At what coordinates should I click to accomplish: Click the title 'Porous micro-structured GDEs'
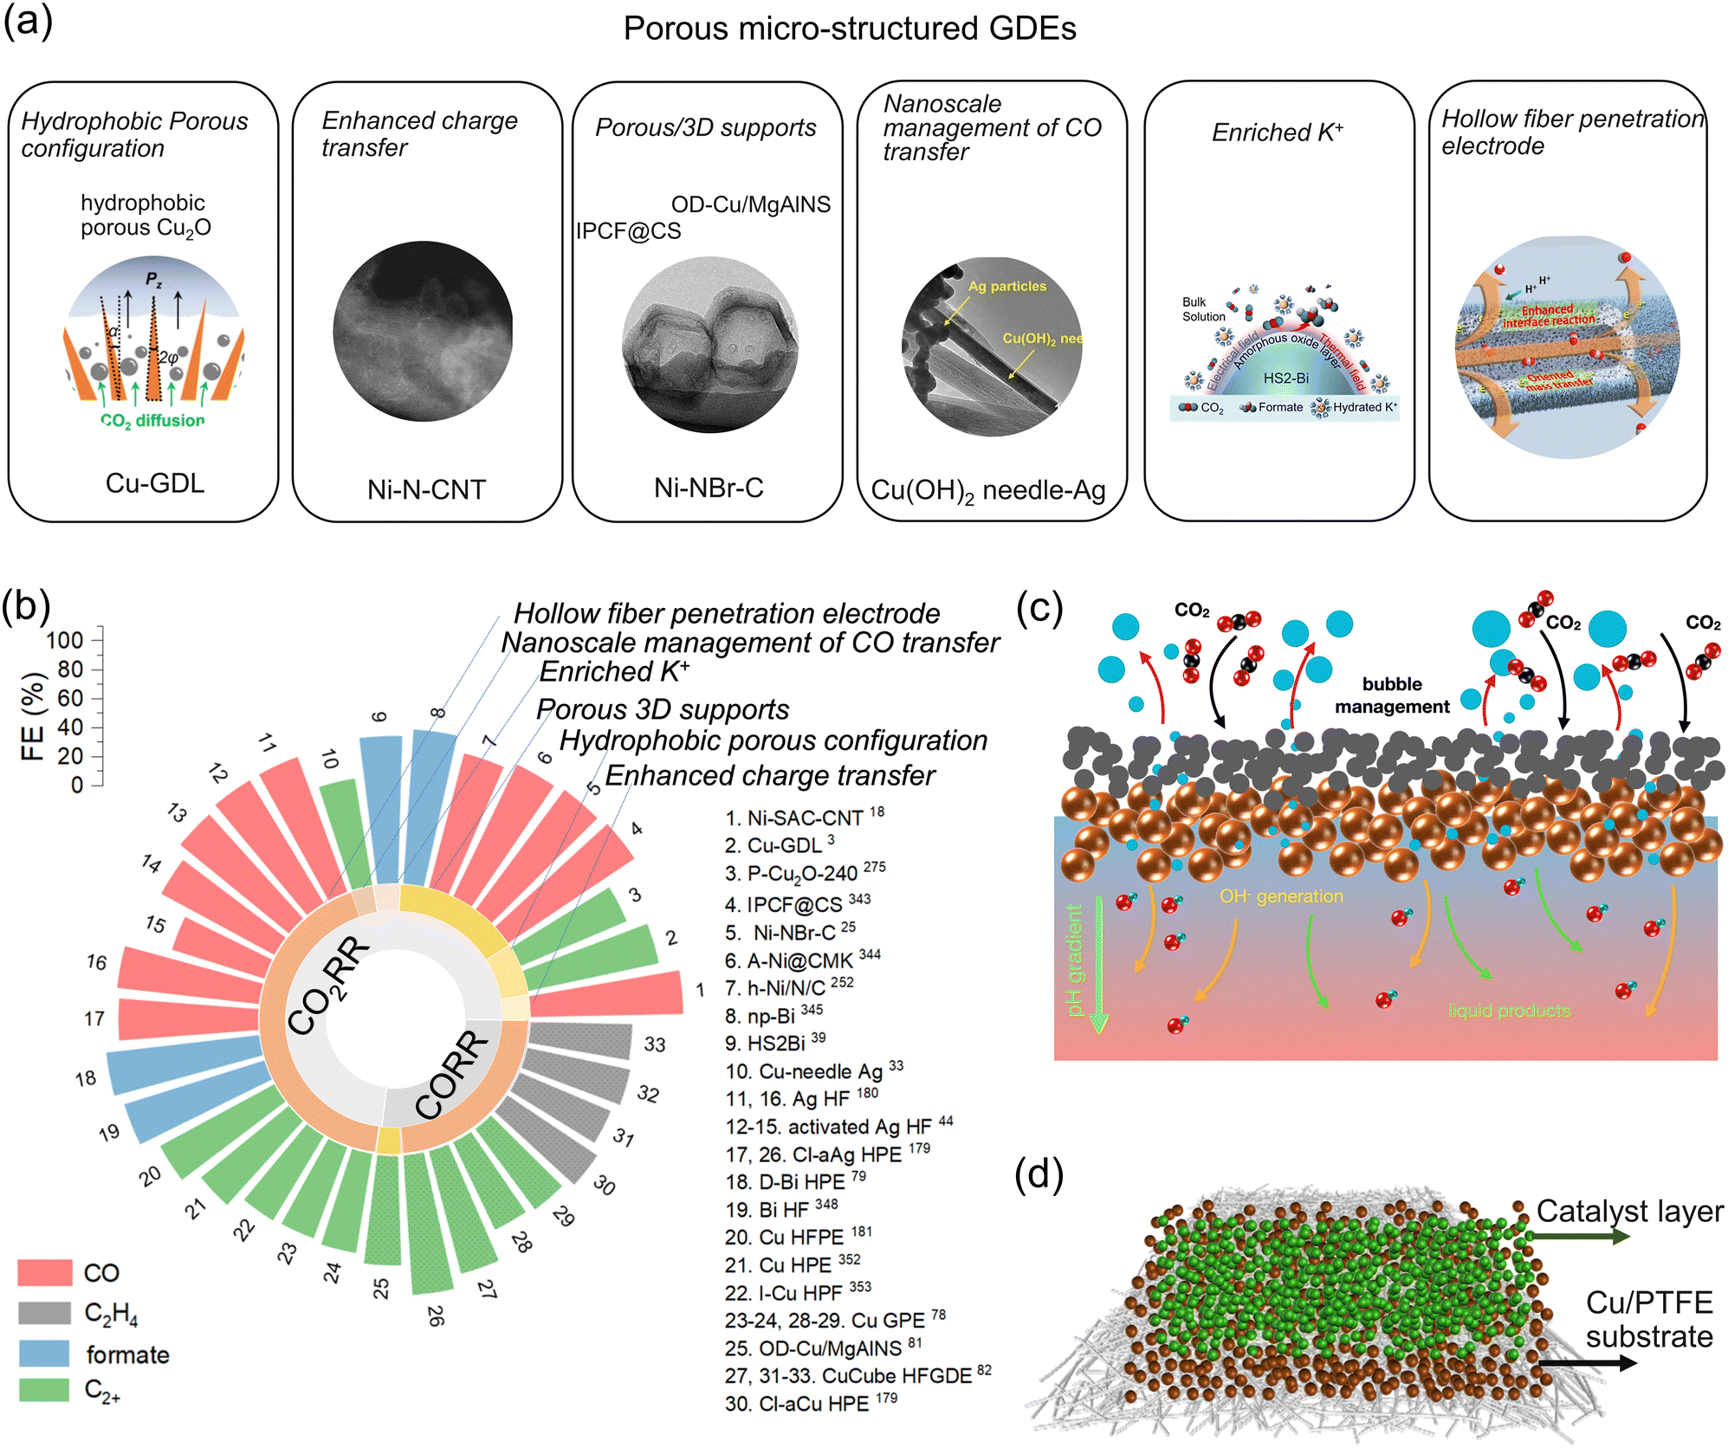[849, 29]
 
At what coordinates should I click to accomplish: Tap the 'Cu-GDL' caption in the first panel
[155, 483]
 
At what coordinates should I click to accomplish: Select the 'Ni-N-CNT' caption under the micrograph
[426, 490]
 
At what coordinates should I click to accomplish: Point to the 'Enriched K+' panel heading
[1278, 133]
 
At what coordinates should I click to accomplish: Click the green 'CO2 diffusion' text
[152, 421]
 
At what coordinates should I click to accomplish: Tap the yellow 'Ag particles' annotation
[1006, 287]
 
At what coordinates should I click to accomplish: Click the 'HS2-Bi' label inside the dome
[1285, 378]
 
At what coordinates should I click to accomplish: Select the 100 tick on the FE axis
[65, 641]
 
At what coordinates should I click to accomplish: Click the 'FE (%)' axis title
[32, 717]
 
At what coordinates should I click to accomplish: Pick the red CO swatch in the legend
[44, 1272]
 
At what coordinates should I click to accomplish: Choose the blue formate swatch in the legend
[44, 1354]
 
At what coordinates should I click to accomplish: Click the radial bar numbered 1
[606, 994]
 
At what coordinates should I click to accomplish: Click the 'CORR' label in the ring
[451, 1075]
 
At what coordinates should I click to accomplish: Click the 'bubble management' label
[1391, 695]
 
